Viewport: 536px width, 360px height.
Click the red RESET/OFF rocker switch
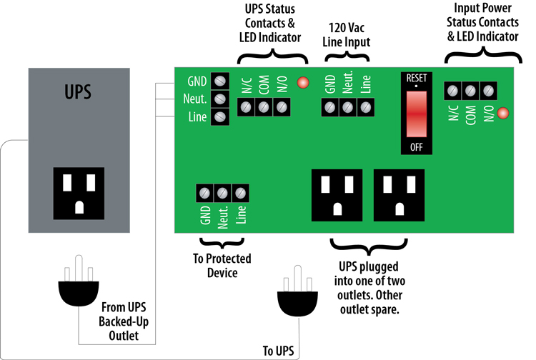click(417, 114)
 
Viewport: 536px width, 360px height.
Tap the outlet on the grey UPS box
click(79, 193)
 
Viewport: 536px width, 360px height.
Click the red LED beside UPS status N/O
click(303, 83)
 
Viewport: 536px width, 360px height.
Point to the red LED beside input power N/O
click(503, 113)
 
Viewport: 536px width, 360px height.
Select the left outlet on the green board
click(337, 195)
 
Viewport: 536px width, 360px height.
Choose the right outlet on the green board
click(399, 195)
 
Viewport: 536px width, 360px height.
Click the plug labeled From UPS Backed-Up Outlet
click(79, 281)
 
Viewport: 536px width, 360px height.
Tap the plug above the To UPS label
click(297, 291)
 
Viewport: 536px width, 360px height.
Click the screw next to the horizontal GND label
click(220, 81)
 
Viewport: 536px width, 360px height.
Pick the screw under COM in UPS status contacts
click(264, 107)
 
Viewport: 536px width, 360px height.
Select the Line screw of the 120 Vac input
click(365, 107)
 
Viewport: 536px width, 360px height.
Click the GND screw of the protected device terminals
click(204, 193)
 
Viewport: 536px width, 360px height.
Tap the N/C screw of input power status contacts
click(452, 91)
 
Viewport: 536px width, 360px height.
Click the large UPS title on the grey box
click(78, 91)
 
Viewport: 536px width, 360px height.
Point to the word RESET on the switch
click(417, 79)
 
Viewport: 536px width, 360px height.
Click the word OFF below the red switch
click(417, 147)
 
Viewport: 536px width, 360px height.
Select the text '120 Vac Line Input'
click(347, 35)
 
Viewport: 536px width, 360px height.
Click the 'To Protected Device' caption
click(222, 266)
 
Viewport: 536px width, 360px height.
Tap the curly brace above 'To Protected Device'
click(222, 243)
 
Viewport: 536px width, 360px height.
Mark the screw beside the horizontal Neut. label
click(220, 99)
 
